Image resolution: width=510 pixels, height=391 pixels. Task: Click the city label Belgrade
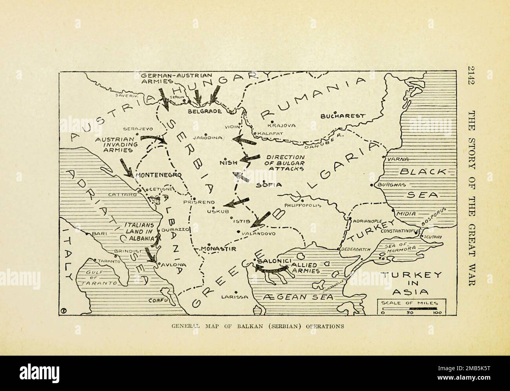click(205, 111)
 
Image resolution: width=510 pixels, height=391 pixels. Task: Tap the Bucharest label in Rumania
click(342, 116)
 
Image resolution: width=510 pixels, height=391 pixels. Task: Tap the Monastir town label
click(218, 249)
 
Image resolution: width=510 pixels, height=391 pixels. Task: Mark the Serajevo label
click(138, 128)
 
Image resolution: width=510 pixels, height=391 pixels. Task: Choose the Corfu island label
click(158, 300)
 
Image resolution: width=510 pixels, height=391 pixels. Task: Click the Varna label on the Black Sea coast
click(398, 159)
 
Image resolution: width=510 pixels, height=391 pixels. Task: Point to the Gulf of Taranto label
click(97, 278)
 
